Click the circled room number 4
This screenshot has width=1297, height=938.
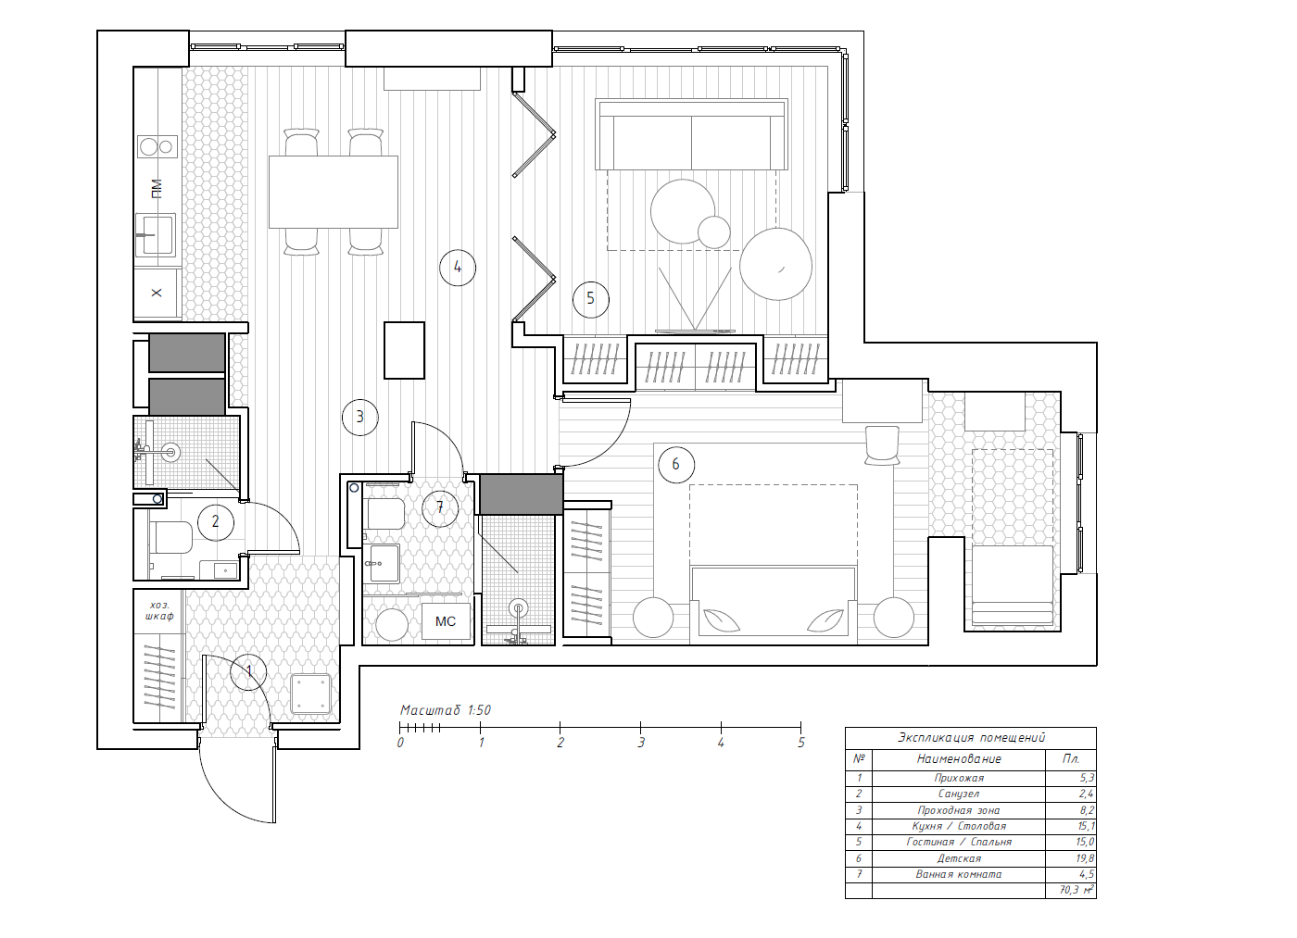458,268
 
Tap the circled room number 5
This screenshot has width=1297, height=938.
591,298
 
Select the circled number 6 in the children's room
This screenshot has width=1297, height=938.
676,464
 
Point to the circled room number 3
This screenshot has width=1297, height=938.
360,417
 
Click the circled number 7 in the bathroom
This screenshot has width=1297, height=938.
440,508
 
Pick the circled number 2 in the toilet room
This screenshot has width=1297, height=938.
216,522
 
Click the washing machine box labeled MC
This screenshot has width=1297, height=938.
446,621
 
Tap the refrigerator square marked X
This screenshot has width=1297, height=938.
157,293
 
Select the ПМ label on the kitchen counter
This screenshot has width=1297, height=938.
156,189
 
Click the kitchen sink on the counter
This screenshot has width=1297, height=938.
156,234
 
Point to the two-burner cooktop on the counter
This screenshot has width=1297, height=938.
157,146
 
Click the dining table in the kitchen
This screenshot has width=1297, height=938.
334,192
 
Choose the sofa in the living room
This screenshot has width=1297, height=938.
692,135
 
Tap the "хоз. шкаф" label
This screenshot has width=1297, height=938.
159,610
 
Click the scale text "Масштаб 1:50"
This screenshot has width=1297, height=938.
446,710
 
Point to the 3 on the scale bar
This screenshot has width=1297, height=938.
641,743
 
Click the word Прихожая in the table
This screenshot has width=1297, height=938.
959,779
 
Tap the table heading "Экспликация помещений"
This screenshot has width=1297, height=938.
971,738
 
